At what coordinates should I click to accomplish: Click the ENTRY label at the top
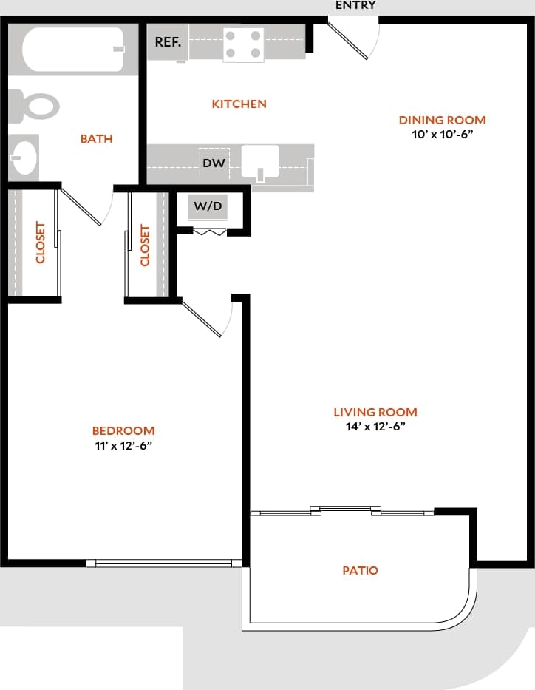point(355,5)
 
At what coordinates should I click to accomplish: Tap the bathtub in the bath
point(73,50)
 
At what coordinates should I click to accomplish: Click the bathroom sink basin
point(24,157)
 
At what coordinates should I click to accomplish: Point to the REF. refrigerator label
point(167,42)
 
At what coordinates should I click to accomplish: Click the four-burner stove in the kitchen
point(244,44)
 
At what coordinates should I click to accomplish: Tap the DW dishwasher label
point(214,163)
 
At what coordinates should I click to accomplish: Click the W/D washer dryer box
point(208,206)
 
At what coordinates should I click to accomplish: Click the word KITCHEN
point(239,104)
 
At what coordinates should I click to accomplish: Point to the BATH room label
point(96,138)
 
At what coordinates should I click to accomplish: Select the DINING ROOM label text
point(442,120)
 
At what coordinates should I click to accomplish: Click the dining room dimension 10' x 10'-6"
point(442,135)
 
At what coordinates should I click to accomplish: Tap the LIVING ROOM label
point(375,412)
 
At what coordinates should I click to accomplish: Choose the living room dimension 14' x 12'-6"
point(375,427)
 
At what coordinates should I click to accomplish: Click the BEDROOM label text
point(123,430)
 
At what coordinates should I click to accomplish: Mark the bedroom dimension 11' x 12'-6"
point(123,445)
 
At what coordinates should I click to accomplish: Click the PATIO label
point(360,570)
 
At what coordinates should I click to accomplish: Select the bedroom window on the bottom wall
point(164,563)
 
